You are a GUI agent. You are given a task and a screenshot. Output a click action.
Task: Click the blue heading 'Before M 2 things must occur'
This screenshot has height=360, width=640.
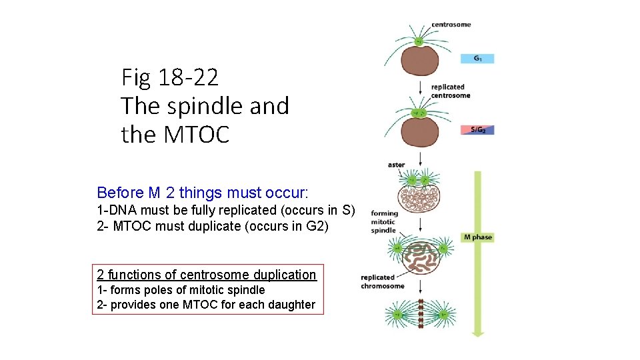point(202,193)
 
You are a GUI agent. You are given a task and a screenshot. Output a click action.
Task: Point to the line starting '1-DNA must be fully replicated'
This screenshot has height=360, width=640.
point(225,211)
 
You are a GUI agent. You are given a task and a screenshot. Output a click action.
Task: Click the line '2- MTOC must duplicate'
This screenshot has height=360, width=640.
point(213,225)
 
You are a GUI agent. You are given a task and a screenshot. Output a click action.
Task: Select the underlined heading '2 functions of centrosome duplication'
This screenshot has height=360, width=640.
point(206,274)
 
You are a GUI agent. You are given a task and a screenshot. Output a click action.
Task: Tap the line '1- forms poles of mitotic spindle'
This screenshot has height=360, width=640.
point(181,290)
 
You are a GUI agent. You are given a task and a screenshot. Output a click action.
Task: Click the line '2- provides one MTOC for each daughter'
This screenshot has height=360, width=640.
point(206,305)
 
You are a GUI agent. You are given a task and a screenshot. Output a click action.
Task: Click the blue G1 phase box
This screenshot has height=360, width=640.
point(477,59)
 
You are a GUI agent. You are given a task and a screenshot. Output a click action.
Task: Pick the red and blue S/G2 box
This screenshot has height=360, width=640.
point(477,129)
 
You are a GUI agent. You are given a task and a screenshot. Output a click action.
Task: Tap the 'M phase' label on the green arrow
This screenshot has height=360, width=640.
point(477,237)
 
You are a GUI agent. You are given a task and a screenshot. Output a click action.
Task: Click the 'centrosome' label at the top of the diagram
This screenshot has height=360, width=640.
point(451,25)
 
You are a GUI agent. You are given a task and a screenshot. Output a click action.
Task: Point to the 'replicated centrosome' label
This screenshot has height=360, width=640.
point(450,91)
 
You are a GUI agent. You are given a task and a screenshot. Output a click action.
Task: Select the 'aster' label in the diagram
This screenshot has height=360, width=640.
point(396,165)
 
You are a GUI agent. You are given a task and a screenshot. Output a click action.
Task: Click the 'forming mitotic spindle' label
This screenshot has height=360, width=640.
point(383,222)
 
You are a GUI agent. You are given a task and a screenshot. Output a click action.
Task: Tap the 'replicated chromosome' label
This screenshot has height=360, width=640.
point(382,281)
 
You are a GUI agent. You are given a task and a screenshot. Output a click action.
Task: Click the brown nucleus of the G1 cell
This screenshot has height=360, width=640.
point(420,61)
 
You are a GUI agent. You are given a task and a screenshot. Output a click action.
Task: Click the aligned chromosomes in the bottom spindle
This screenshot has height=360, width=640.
point(421,314)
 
